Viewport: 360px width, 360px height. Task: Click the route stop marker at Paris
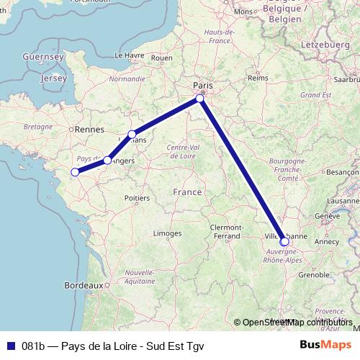click(201, 99)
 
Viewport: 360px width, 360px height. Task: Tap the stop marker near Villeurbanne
click(284, 241)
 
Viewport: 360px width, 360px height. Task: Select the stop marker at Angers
click(107, 161)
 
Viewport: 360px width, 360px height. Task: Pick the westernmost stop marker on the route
click(75, 172)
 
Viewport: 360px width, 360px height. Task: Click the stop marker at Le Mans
click(132, 134)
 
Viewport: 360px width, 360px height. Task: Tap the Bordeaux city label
click(84, 285)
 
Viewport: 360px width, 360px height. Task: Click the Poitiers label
click(136, 197)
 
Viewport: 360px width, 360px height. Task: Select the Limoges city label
click(167, 233)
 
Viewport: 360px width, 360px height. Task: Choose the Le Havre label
click(130, 55)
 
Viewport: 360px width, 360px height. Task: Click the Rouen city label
click(162, 58)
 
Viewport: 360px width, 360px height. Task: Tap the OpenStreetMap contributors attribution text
click(297, 322)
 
